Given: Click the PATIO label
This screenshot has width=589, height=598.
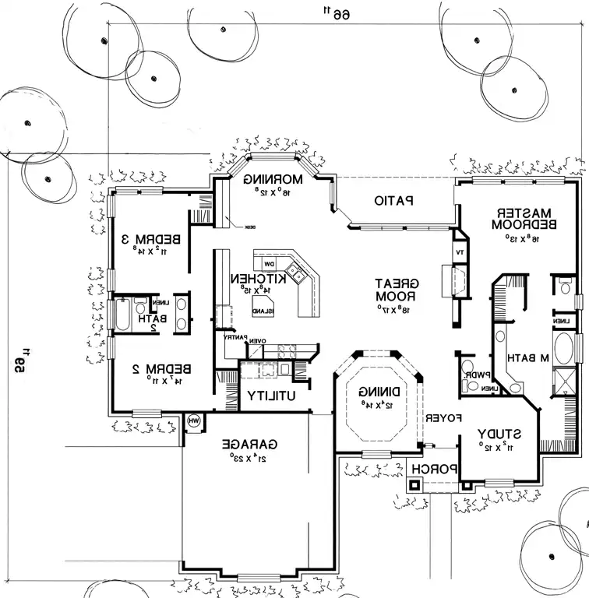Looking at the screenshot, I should tap(393, 201).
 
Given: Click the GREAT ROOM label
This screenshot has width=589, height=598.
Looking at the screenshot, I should tap(398, 290).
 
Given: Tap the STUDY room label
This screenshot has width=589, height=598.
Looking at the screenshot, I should tap(500, 433).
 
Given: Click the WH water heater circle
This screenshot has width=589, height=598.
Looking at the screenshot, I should tap(194, 421).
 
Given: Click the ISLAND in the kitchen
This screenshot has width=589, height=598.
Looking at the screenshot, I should tap(263, 305).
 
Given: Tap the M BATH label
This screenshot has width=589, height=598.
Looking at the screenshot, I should tap(529, 358).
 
